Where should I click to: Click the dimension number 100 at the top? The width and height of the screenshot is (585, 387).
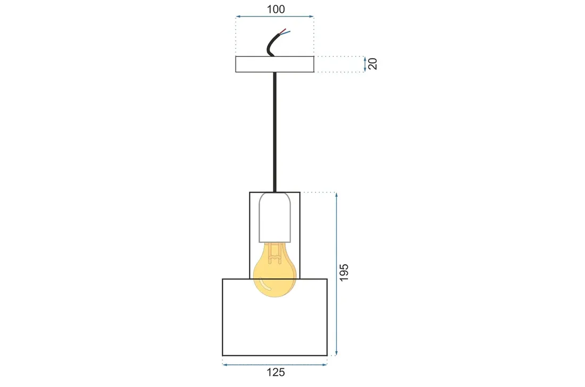pyautogui.click(x=274, y=9)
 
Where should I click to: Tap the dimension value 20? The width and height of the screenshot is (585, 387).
pyautogui.click(x=373, y=64)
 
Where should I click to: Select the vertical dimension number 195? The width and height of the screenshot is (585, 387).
pyautogui.click(x=344, y=272)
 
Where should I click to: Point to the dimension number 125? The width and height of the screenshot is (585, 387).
pyautogui.click(x=275, y=373)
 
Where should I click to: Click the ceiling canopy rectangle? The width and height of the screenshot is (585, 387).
pyautogui.click(x=274, y=64)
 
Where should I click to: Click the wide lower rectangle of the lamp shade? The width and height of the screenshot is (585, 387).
pyautogui.click(x=274, y=325)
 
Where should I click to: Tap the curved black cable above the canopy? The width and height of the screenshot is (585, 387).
pyautogui.click(x=272, y=45)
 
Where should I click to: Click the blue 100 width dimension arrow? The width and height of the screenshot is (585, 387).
pyautogui.click(x=274, y=17)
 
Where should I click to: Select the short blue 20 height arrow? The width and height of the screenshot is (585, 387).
pyautogui.click(x=365, y=64)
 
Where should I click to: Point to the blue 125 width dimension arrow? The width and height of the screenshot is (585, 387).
pyautogui.click(x=274, y=365)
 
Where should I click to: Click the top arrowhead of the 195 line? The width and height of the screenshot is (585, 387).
pyautogui.click(x=336, y=194)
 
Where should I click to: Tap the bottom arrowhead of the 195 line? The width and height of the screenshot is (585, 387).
pyautogui.click(x=336, y=353)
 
